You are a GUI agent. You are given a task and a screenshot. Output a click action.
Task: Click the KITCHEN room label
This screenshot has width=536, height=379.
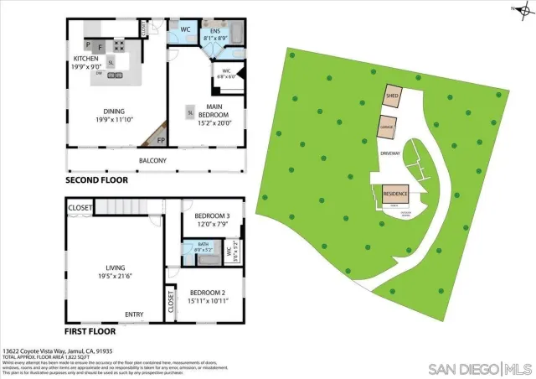[86, 59]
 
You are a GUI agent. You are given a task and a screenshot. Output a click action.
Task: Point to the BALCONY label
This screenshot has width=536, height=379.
[152, 160]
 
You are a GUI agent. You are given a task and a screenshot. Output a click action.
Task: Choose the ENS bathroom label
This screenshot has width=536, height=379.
[214, 33]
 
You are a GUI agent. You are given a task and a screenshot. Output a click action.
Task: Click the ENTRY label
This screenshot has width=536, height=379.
[134, 314]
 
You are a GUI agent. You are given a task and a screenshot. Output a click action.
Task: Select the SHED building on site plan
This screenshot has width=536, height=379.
[392, 97]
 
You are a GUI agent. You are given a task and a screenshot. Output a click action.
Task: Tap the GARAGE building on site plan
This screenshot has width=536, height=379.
[386, 128]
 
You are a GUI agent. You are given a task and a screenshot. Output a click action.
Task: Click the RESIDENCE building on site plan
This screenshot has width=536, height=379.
[395, 194]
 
